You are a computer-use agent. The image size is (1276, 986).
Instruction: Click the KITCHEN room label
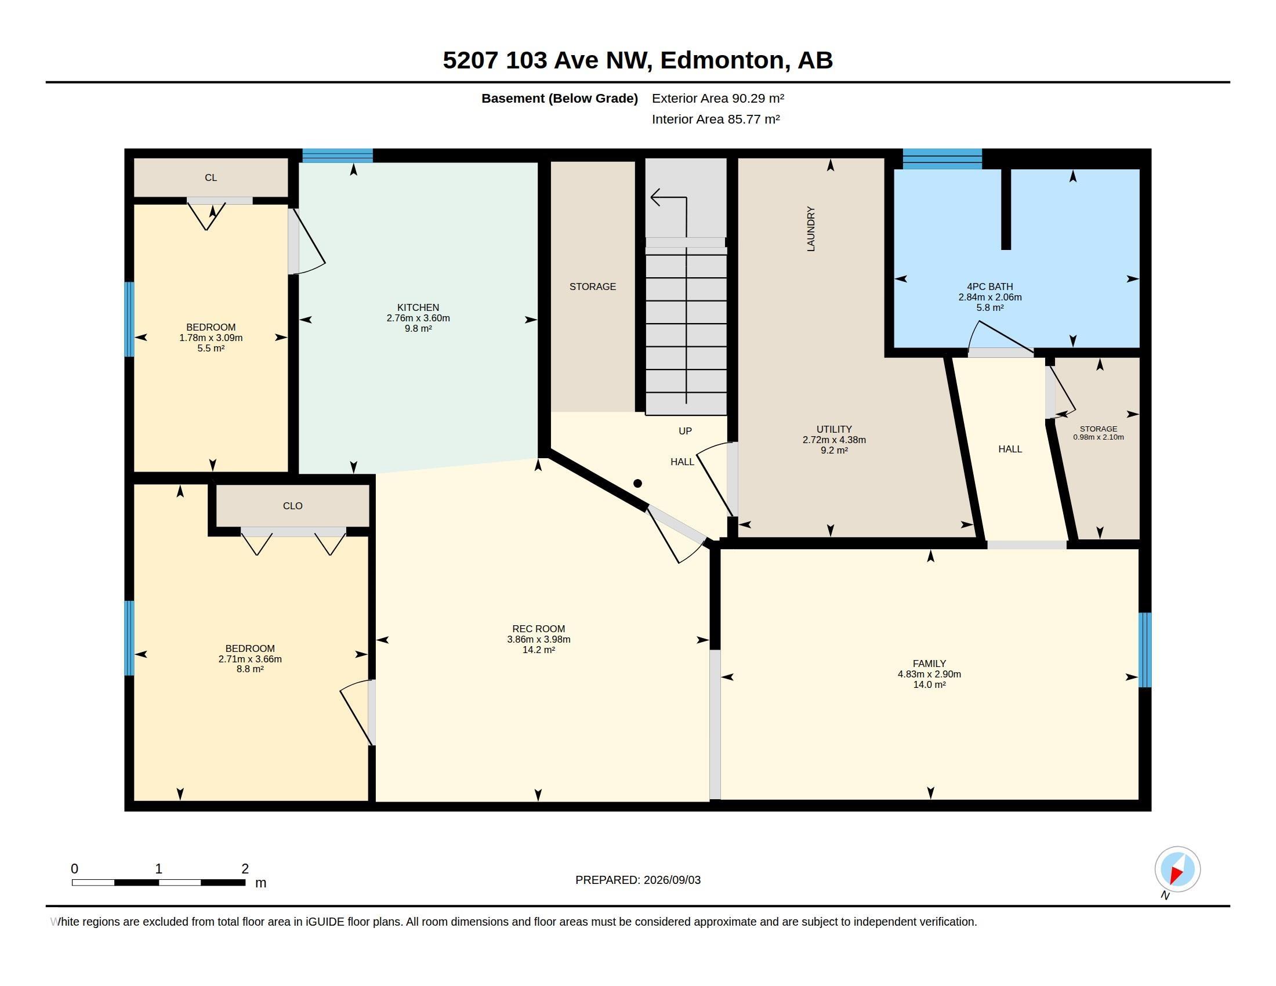[x=418, y=307]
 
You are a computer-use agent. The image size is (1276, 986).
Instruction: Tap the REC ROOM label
[x=538, y=629]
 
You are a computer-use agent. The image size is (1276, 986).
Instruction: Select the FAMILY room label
[x=929, y=664]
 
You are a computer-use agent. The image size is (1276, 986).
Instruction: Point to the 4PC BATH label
[x=989, y=286]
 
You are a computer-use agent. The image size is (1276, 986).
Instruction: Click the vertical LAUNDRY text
[x=810, y=229]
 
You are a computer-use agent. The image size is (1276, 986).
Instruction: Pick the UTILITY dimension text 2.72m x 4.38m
[x=833, y=440]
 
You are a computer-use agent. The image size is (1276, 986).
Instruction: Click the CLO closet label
[x=293, y=506]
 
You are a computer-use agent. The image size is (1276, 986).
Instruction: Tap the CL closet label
[x=211, y=177]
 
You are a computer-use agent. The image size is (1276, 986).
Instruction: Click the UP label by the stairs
[x=685, y=431]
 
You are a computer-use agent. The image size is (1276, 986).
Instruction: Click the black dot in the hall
[x=637, y=483]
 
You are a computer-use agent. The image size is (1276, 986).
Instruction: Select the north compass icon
[x=1177, y=870]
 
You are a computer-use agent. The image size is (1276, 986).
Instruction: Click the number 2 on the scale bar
[x=245, y=869]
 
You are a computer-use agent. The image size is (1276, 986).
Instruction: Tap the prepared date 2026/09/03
[x=672, y=880]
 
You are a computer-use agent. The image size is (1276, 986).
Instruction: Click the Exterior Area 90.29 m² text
[x=717, y=98]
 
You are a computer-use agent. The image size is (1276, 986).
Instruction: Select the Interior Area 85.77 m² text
[x=716, y=119]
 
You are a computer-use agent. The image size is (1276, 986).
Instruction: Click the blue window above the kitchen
[x=338, y=155]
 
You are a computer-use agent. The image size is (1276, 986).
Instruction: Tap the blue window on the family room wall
[x=1145, y=650]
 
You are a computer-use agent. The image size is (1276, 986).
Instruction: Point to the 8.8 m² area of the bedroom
[x=249, y=669]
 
